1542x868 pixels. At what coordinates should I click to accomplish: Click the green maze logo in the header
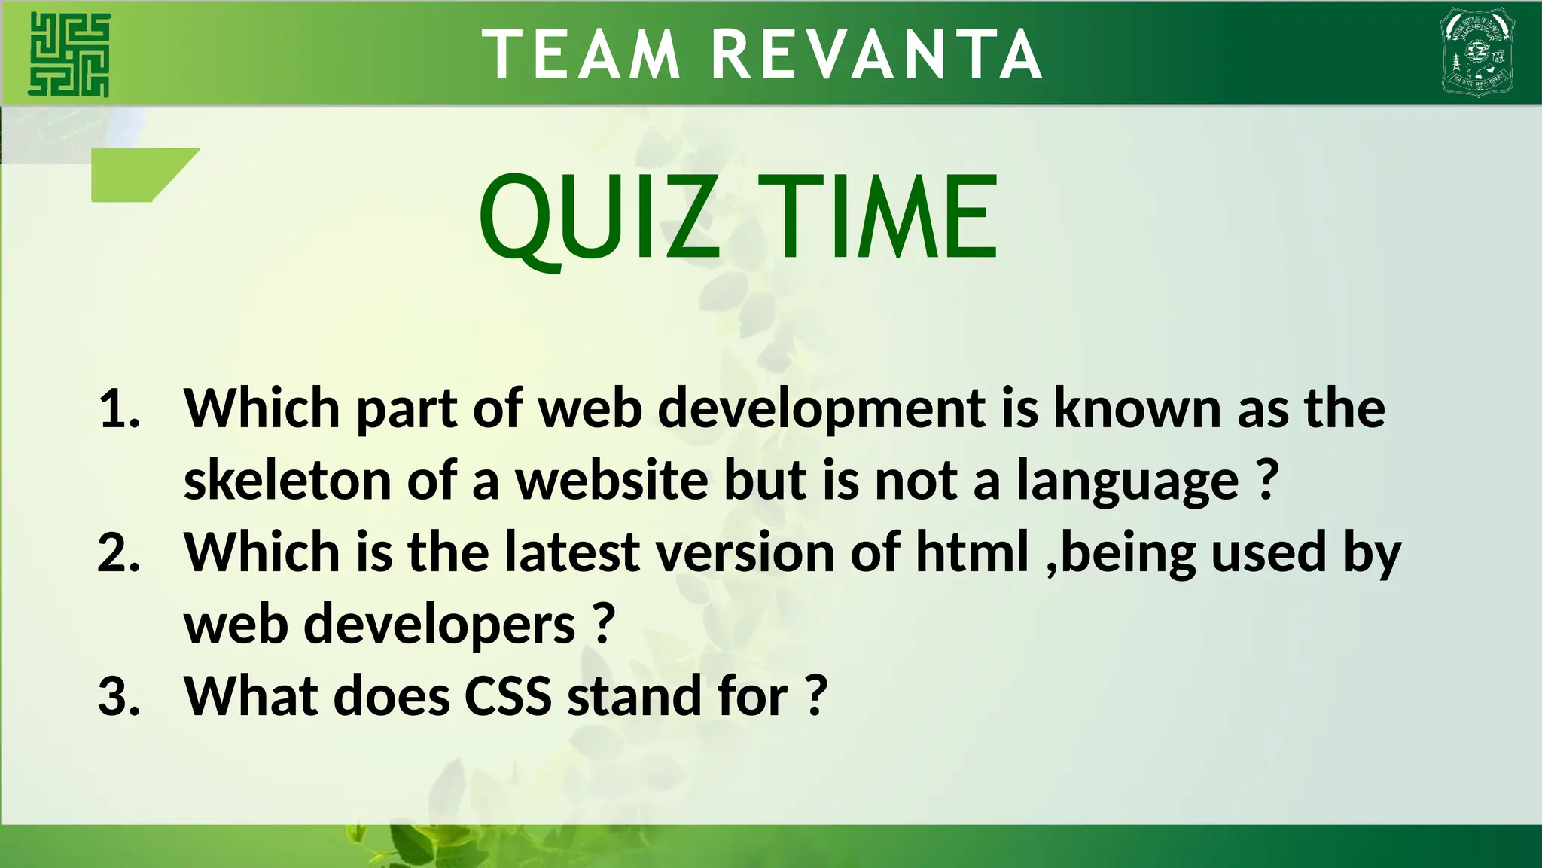point(69,54)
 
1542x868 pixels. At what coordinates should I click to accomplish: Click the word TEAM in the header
point(581,54)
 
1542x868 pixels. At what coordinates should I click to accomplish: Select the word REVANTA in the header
point(877,54)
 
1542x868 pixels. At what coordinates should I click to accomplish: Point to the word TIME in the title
point(878,217)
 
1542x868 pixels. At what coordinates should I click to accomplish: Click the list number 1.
point(119,409)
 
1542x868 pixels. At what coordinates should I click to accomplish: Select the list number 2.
point(119,552)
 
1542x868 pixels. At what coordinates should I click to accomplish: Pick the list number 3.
point(119,696)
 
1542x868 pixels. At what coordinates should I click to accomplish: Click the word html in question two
point(972,552)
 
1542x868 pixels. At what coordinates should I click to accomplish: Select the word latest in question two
point(572,552)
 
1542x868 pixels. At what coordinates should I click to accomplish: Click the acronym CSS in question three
point(508,696)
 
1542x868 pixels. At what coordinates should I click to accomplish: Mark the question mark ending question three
point(816,696)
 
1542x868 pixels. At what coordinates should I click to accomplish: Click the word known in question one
point(1138,409)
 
